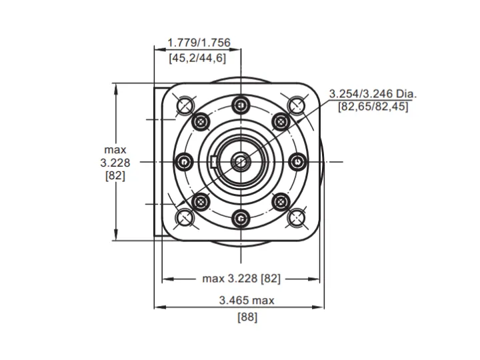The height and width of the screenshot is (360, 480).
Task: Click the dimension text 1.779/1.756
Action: coord(199,43)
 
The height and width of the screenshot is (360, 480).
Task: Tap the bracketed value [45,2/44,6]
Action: coord(197,57)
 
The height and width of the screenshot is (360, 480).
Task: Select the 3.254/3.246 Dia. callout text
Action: coord(373,94)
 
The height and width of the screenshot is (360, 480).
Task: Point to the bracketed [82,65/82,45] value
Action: coord(373,107)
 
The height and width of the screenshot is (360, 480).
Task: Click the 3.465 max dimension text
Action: coord(247,300)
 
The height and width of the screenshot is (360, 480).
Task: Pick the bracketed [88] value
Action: coord(247,317)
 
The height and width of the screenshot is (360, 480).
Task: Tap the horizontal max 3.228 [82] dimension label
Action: coord(241,279)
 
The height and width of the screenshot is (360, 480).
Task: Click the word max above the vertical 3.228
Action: coord(115,150)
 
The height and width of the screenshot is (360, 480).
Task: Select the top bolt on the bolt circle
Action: coord(241,105)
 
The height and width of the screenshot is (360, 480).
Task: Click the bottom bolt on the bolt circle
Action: coord(241,219)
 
